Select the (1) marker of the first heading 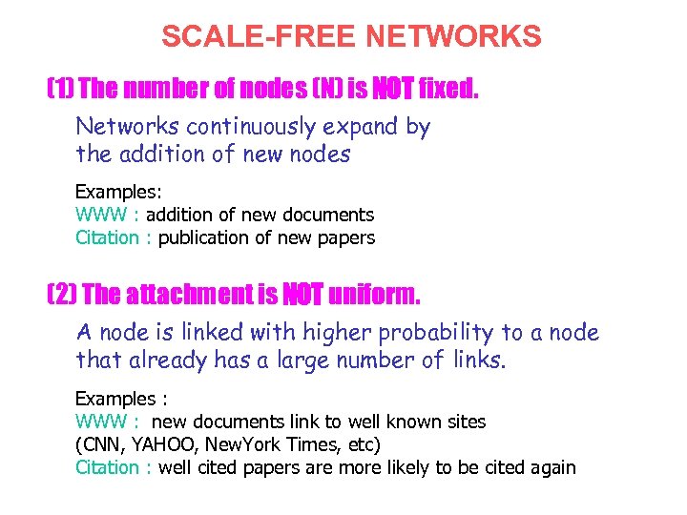(x=60, y=90)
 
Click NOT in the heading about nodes (x=391, y=90)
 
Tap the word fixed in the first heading (x=448, y=90)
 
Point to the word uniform (x=374, y=296)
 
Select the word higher (x=339, y=333)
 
